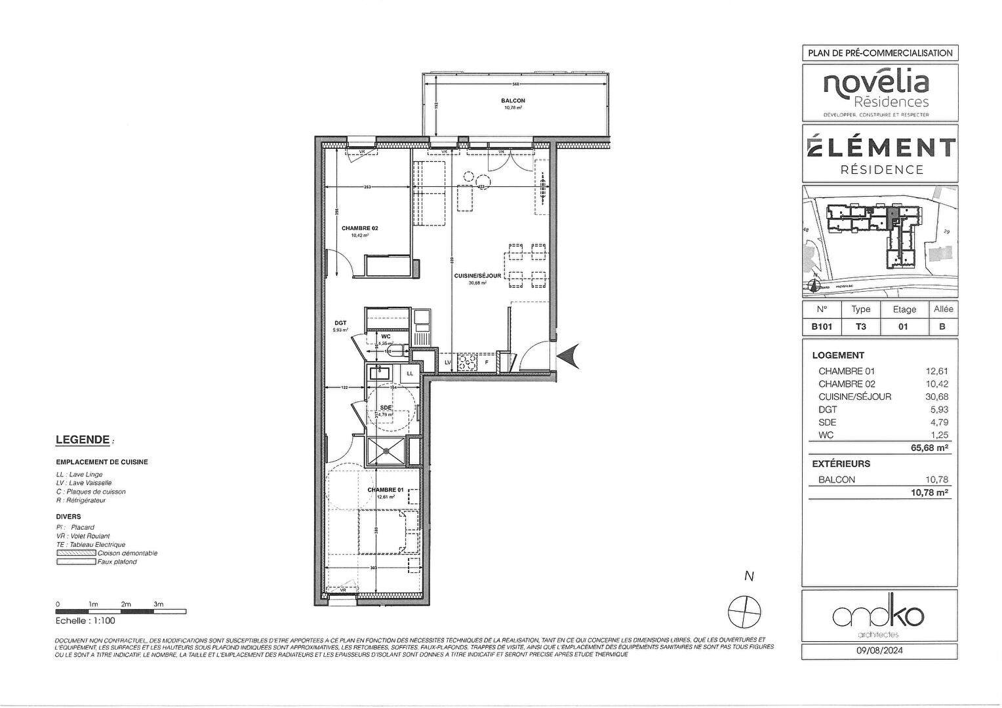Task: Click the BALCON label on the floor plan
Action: [x=513, y=101]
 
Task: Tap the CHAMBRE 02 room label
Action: [x=359, y=229]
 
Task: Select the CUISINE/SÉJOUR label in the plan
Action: [x=477, y=276]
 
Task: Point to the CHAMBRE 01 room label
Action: [x=386, y=490]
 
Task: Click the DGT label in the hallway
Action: [x=340, y=323]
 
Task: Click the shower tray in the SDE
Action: [x=386, y=451]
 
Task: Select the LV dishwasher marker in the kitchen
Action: [x=448, y=362]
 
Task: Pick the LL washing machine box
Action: [x=410, y=373]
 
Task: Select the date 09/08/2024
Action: [x=879, y=651]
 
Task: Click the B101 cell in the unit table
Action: [x=822, y=326]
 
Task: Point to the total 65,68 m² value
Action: [x=929, y=448]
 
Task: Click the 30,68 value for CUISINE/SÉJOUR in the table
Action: [x=936, y=397]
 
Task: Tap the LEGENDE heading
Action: [x=82, y=440]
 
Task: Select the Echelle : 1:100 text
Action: [x=85, y=621]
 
